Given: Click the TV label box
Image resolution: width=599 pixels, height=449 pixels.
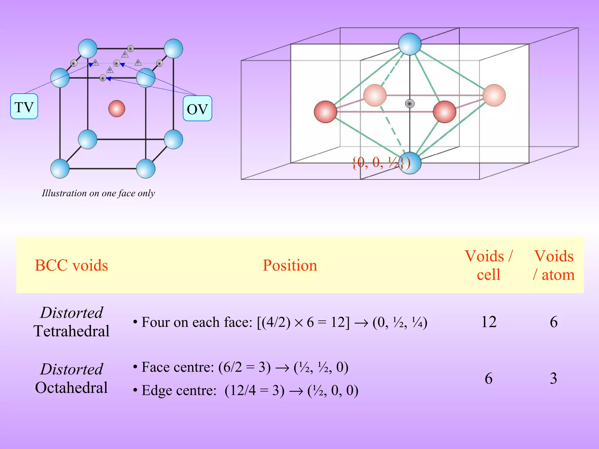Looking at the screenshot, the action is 24,106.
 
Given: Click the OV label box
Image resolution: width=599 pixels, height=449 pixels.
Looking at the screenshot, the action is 197,108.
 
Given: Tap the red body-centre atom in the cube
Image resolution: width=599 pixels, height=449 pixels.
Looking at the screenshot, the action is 117,108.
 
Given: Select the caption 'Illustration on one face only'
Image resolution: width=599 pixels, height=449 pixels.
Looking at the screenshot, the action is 98,193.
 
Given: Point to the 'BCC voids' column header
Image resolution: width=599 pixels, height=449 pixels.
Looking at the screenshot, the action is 71,265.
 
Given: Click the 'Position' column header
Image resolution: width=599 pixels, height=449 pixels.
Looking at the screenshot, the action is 290,265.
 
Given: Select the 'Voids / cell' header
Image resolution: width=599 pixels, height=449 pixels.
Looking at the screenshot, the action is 488,265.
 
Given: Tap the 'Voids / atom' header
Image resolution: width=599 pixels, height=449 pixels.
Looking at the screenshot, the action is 554,265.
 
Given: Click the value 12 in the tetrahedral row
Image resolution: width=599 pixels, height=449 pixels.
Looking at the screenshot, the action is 489,322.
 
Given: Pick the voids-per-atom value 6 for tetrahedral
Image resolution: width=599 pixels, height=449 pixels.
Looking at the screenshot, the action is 554,322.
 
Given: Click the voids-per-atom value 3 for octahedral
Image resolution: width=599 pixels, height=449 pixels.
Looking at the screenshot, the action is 553,378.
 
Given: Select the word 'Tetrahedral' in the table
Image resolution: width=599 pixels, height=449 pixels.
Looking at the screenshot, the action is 71,331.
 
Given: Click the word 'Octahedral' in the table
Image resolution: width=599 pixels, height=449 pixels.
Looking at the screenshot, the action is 71,388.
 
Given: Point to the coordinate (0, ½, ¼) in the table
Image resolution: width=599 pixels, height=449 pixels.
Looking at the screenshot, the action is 400,322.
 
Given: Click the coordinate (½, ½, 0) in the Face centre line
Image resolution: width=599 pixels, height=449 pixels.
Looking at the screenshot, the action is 321,367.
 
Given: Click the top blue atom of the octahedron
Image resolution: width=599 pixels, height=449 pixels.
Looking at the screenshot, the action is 410,44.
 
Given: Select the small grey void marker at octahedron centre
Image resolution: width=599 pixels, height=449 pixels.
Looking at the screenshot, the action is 410,103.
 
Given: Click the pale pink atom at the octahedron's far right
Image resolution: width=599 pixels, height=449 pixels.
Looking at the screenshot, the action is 494,95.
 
